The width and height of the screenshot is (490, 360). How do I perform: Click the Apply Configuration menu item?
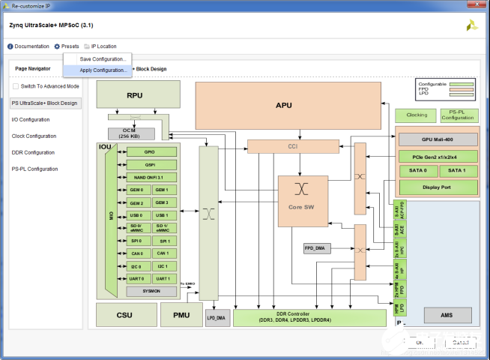coord(103,70)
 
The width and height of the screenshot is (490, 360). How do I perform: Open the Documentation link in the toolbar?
coord(28,46)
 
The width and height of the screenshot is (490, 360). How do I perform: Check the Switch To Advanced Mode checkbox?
coord(16,87)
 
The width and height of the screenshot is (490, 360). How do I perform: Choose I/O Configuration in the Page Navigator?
coord(31,119)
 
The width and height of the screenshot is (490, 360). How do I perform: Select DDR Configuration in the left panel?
coord(33,152)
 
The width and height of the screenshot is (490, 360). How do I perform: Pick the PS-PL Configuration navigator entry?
coord(35,169)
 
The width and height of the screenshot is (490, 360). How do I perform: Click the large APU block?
coord(284,105)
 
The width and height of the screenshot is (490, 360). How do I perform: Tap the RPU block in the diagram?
coord(135,95)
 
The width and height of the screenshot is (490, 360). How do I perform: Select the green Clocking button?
coord(417,115)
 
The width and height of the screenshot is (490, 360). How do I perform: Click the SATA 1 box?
coord(459,171)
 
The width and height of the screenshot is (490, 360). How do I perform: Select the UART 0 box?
coord(136,278)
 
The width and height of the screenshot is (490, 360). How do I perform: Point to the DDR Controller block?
coord(312,317)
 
